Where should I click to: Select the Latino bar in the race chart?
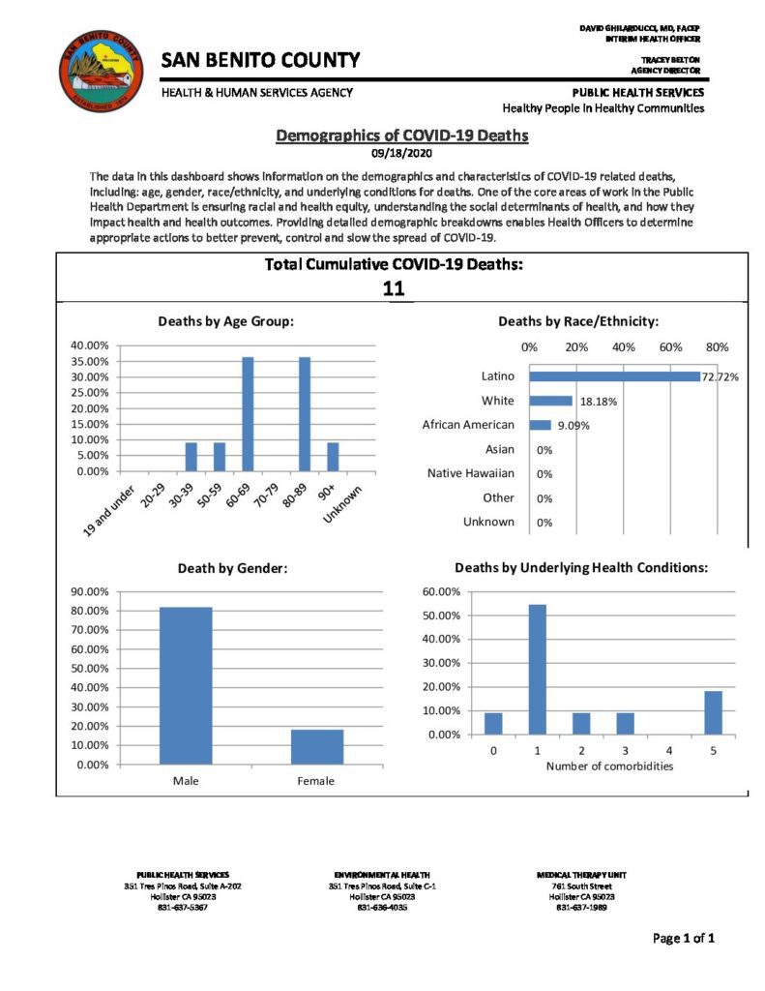tap(614, 376)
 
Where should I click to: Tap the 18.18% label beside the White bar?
tap(600, 401)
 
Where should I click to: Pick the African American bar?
tap(540, 425)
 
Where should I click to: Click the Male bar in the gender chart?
tap(186, 685)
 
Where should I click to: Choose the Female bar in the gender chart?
tap(316, 746)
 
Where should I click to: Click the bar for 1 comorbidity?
tap(536, 670)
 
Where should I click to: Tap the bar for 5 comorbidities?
tap(713, 712)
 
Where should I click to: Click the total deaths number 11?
tap(393, 288)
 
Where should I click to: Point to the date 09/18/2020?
tap(402, 152)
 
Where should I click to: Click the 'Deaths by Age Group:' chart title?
tap(226, 321)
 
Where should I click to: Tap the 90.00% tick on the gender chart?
tap(93, 591)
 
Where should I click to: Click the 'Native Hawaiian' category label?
tap(471, 473)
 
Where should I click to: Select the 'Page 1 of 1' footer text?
tap(684, 938)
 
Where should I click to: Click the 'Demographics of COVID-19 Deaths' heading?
tap(402, 135)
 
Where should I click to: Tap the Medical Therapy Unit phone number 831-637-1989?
tap(578, 907)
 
